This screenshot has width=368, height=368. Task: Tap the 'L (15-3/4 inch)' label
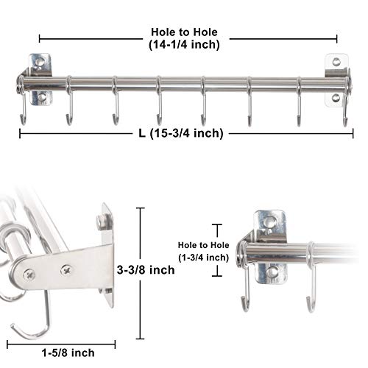[x=185, y=133]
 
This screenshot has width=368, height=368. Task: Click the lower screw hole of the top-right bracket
[x=337, y=98]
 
